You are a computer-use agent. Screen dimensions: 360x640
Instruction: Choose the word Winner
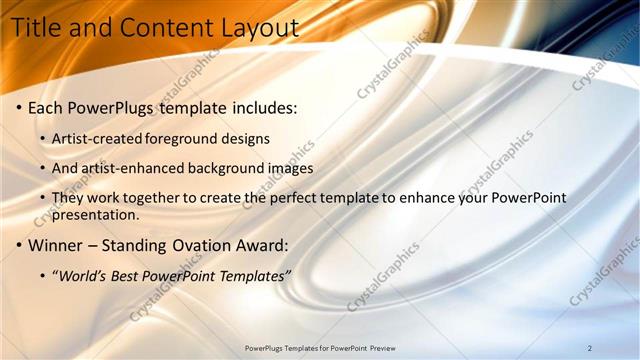pos(55,245)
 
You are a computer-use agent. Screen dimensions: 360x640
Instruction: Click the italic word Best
pos(127,275)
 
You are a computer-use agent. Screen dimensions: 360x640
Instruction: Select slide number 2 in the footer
pos(590,348)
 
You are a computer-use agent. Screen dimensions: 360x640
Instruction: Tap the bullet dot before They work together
pos(43,199)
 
